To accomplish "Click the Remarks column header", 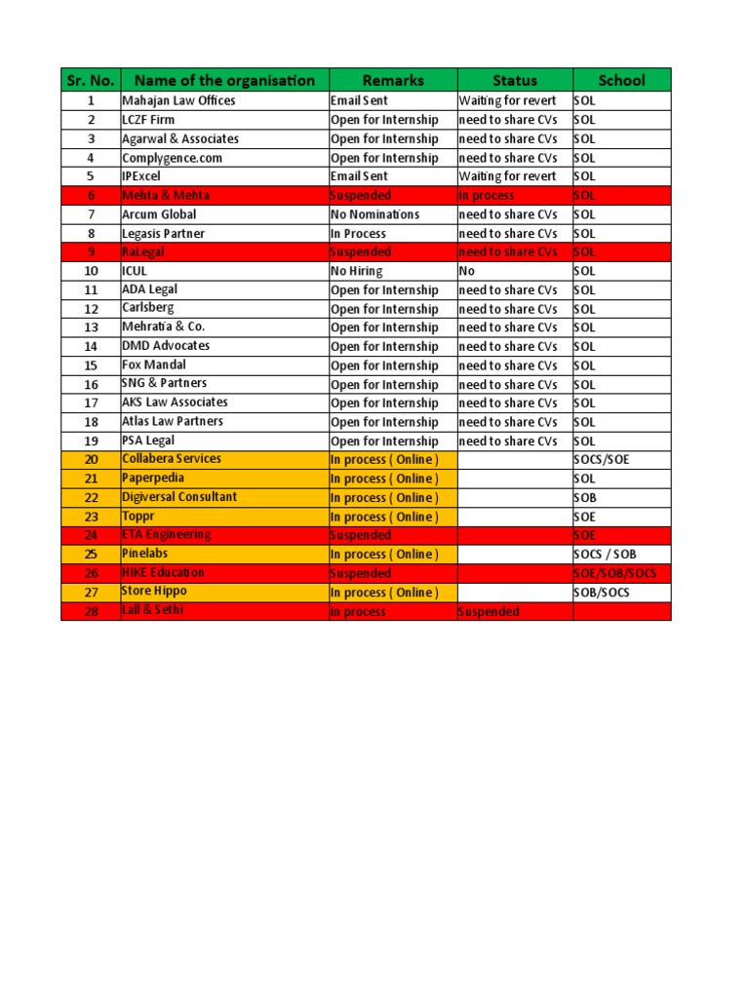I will click(393, 80).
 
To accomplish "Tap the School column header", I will click(621, 80).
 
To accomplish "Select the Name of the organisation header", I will click(224, 80).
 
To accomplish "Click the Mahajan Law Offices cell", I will click(178, 100).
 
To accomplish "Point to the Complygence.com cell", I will click(172, 157).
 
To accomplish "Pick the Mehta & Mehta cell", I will click(165, 195).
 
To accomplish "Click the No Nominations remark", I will click(374, 214).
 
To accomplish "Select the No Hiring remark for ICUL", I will click(356, 271).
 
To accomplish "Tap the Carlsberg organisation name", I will click(148, 308).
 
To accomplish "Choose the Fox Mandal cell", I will click(154, 365).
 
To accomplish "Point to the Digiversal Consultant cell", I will click(178, 497).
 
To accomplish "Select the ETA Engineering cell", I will click(166, 535).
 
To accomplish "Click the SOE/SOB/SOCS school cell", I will click(614, 573).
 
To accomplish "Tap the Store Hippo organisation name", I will click(154, 592).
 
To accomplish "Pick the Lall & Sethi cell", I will click(152, 611).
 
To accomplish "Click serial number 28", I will click(91, 611).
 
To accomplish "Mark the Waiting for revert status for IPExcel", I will click(507, 176).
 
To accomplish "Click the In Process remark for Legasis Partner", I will click(358, 233).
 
